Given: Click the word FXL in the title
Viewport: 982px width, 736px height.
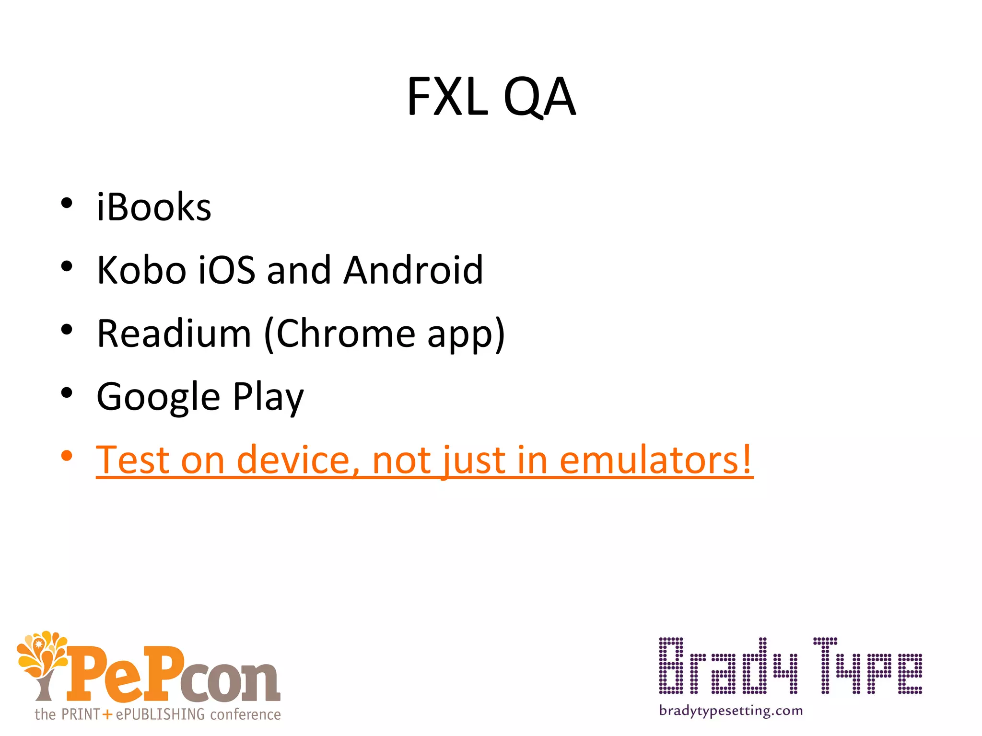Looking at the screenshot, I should tap(447, 97).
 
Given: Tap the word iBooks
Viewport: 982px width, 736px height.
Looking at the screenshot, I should tap(154, 207).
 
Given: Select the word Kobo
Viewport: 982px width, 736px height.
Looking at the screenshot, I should tap(141, 270).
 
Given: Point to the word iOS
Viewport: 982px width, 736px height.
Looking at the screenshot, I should tap(227, 270).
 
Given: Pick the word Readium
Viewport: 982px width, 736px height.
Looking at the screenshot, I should tap(174, 333).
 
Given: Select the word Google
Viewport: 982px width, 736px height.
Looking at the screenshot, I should tap(158, 397).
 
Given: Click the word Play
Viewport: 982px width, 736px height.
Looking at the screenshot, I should tap(268, 397).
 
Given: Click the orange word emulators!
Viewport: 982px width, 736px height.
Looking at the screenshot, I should tap(656, 460).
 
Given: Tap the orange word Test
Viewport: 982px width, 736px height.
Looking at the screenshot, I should tap(133, 460).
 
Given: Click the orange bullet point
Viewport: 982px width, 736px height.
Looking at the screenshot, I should tap(67, 456).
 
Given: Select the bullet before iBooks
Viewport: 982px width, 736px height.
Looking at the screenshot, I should tap(67, 203).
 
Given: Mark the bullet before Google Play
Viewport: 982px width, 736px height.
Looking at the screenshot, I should tap(67, 393).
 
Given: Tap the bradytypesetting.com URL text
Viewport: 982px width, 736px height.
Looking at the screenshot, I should tap(731, 711).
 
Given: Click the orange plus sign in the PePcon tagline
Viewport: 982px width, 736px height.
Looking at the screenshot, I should tap(107, 715).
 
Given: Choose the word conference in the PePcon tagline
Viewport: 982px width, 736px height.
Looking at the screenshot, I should tap(245, 714).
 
